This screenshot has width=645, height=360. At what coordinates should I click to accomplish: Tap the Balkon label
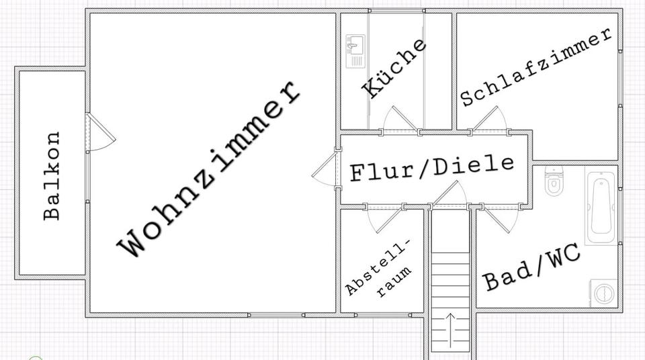pos(52,175)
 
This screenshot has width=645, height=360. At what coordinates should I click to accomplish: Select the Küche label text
pos(394,69)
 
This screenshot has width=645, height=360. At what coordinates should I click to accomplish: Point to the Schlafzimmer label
pos(536,67)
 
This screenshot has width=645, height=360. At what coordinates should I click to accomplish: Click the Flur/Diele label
pos(432,168)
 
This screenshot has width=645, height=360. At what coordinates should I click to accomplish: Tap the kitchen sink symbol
pos(355,51)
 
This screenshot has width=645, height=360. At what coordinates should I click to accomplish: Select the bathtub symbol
pos(600,207)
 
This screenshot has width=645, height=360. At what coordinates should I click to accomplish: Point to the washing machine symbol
pos(604,293)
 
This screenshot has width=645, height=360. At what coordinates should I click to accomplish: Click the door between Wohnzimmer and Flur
pos(325,170)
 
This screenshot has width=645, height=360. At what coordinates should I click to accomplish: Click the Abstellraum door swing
pos(383,219)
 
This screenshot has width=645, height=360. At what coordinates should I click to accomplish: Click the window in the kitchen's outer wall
pos(396,10)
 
